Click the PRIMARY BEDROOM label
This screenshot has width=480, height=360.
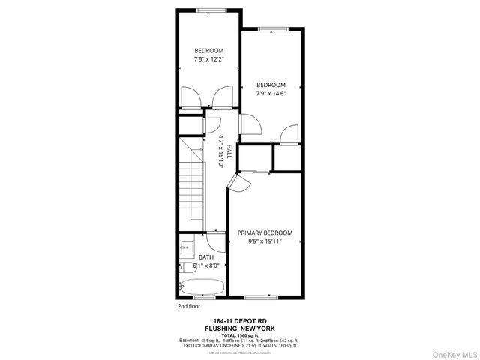(265, 232)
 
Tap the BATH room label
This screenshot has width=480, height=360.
(205, 256)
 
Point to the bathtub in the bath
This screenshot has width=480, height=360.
(201, 286)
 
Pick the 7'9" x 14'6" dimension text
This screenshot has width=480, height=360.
(271, 94)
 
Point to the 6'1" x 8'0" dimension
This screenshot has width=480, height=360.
(205, 265)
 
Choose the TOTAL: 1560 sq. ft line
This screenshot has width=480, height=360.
(239, 334)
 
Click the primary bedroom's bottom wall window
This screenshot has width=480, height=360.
(265, 296)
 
